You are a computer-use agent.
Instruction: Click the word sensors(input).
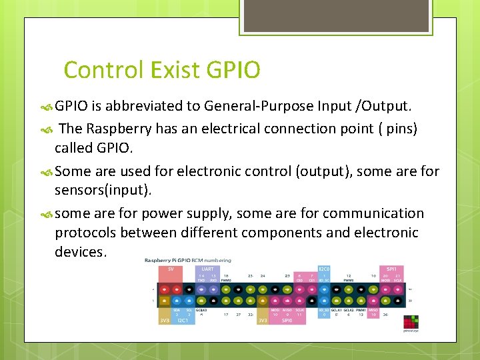103,191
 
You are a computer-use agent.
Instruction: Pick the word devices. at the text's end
81,252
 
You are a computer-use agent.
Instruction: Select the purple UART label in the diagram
207,269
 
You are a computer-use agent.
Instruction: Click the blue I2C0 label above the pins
325,269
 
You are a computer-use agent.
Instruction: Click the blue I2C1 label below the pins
183,320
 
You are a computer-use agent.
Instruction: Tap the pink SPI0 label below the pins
287,320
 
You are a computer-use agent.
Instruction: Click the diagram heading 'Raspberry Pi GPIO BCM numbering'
188,260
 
